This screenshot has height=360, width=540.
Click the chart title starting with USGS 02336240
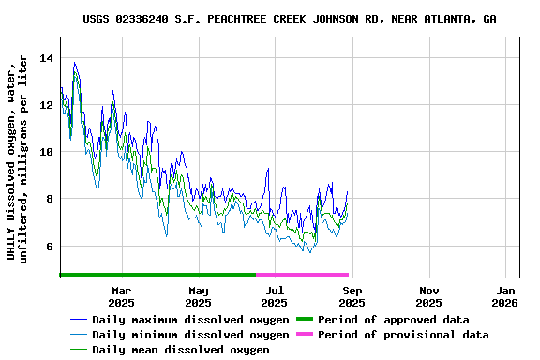tap(290, 19)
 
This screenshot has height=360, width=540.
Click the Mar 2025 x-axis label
tap(121, 297)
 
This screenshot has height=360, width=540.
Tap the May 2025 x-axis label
tap(198, 297)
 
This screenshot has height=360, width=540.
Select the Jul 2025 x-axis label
tap(275, 297)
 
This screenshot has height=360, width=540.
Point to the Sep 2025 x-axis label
tap(352, 297)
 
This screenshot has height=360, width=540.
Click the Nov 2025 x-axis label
tap(428, 297)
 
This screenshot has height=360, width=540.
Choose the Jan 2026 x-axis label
tap(504, 297)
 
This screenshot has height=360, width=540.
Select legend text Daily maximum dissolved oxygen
tap(190, 320)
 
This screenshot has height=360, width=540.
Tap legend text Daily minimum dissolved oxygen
tap(190, 335)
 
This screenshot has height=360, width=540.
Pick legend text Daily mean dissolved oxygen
tap(180, 350)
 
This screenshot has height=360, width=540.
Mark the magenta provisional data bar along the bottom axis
tap(302, 275)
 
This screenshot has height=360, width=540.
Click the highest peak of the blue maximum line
tap(74, 63)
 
